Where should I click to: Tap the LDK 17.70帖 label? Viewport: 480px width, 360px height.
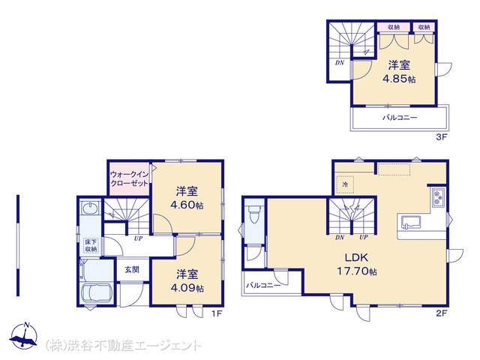(357, 264)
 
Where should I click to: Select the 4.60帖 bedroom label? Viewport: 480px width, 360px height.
(187, 198)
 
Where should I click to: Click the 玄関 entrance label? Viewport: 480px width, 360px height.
(132, 269)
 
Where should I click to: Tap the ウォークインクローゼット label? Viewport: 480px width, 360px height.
(130, 178)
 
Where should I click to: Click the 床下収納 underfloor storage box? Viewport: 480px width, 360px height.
(91, 246)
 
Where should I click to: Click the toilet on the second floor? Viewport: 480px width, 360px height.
(254, 214)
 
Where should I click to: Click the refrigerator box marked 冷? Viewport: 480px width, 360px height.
(345, 184)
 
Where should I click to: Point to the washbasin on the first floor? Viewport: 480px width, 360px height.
(91, 208)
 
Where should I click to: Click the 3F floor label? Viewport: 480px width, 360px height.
(441, 137)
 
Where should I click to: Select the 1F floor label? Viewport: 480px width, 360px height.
(216, 313)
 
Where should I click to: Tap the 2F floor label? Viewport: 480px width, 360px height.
(442, 313)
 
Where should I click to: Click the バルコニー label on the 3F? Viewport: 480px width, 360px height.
(400, 118)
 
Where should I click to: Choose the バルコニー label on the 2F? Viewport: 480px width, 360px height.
(263, 286)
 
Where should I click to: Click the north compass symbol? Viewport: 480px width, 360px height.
(23, 336)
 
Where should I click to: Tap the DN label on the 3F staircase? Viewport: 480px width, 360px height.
(340, 63)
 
